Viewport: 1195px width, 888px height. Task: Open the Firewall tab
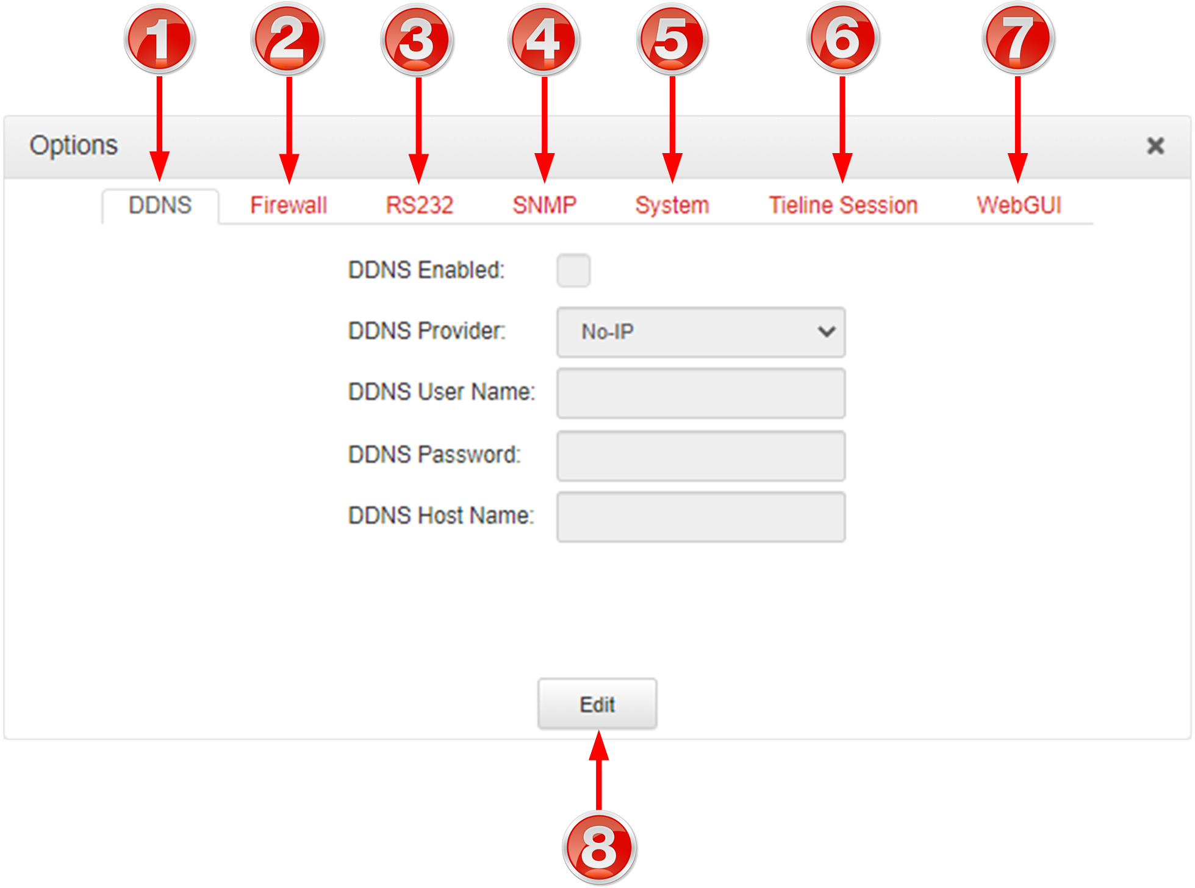tap(289, 206)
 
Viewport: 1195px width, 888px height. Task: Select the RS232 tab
tap(419, 206)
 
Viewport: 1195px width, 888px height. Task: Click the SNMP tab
tap(544, 206)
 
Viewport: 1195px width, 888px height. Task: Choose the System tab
tap(672, 206)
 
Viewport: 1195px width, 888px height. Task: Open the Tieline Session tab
tap(843, 206)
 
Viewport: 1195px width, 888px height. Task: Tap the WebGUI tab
tap(1019, 206)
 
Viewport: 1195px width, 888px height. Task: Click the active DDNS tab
tap(160, 206)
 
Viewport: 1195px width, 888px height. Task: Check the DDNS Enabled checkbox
tap(573, 270)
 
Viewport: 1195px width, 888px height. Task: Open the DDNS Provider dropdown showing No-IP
tap(701, 332)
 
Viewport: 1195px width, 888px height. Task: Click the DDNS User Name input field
tap(701, 393)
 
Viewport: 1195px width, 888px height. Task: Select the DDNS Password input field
tap(701, 456)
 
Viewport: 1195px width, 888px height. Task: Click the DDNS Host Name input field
tap(701, 517)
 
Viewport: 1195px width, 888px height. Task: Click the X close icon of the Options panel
tap(1155, 146)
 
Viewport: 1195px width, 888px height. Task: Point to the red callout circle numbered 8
tap(599, 847)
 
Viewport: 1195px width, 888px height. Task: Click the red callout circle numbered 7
tap(1018, 39)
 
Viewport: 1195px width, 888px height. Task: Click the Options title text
tap(74, 146)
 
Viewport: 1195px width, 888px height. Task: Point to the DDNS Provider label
tap(427, 331)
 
